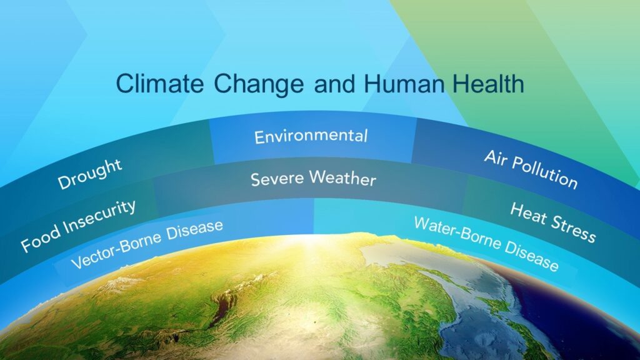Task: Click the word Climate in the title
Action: [x=159, y=84]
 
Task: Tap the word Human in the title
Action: [x=404, y=84]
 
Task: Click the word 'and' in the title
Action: [x=334, y=84]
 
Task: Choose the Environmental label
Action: [x=311, y=136]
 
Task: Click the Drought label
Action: [x=90, y=174]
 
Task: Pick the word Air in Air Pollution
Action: [x=495, y=158]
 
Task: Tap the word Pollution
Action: [x=544, y=172]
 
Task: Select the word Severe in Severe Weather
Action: [x=277, y=179]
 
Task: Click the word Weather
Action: [x=342, y=178]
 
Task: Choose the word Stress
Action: [x=573, y=229]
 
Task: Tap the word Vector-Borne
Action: [x=116, y=252]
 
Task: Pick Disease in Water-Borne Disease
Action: [x=532, y=256]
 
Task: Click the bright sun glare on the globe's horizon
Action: [x=315, y=238]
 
